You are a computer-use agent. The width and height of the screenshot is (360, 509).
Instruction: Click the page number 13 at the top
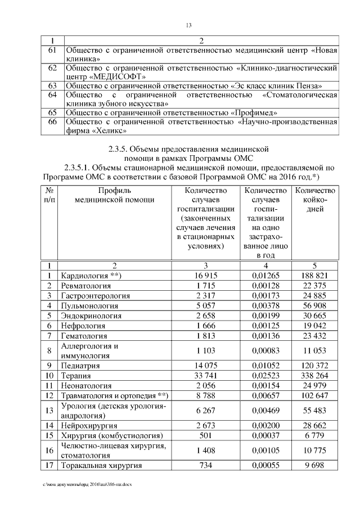pos(188,25)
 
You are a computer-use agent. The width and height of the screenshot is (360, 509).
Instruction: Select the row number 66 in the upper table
pos(53,121)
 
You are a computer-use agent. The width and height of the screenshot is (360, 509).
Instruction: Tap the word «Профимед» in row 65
pos(261,112)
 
